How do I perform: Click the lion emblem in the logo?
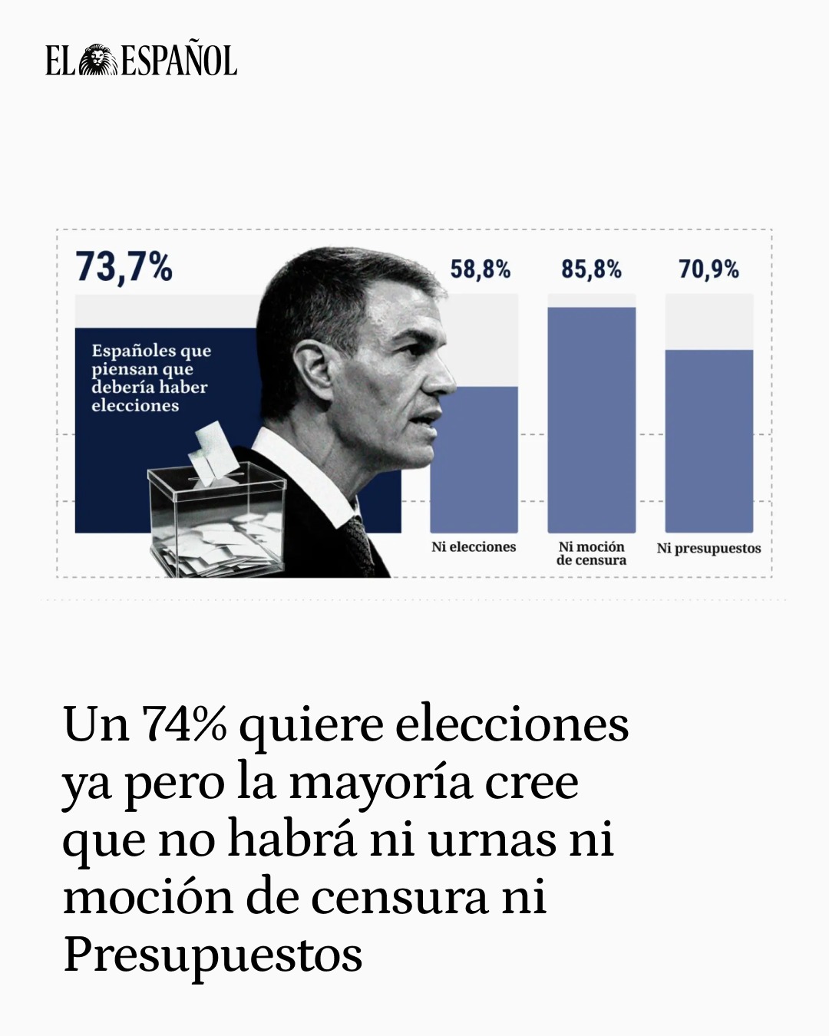pyautogui.click(x=97, y=61)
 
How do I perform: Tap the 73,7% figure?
pyautogui.click(x=124, y=268)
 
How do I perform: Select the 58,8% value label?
pyautogui.click(x=481, y=269)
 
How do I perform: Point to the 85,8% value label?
pyautogui.click(x=591, y=269)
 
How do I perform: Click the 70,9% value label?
pyautogui.click(x=708, y=269)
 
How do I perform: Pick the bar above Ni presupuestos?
pyautogui.click(x=708, y=440)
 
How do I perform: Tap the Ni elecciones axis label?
pyautogui.click(x=474, y=547)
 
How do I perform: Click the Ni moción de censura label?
pyautogui.click(x=591, y=553)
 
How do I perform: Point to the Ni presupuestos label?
pyautogui.click(x=708, y=548)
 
